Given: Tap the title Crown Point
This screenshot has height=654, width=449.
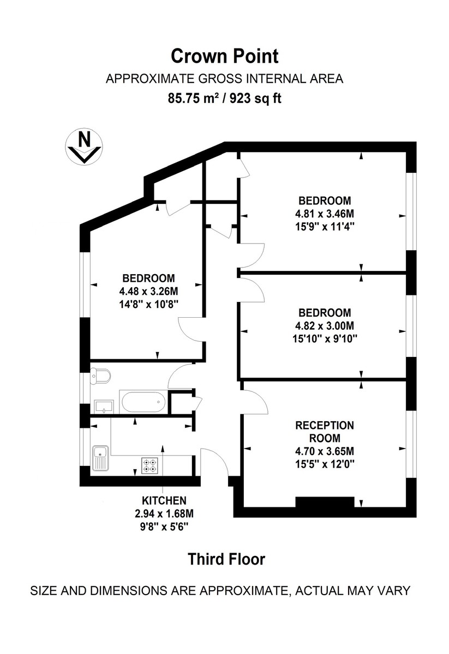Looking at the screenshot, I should [224, 56].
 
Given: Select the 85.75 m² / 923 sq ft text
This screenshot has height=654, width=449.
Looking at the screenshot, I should [224, 99].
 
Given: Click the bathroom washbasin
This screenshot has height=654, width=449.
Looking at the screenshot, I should [103, 406].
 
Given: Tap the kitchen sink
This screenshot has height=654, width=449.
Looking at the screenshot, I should [100, 457].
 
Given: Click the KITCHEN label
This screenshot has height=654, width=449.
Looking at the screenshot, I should [164, 500].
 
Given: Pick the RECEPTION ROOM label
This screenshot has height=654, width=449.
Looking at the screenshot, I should [325, 431].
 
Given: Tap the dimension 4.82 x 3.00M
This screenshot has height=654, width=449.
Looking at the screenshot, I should [325, 326].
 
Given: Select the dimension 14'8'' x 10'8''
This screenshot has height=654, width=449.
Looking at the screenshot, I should [148, 302].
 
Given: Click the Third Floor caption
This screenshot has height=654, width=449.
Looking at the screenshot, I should [226, 559].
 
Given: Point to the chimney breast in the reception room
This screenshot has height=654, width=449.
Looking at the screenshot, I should [325, 502].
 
